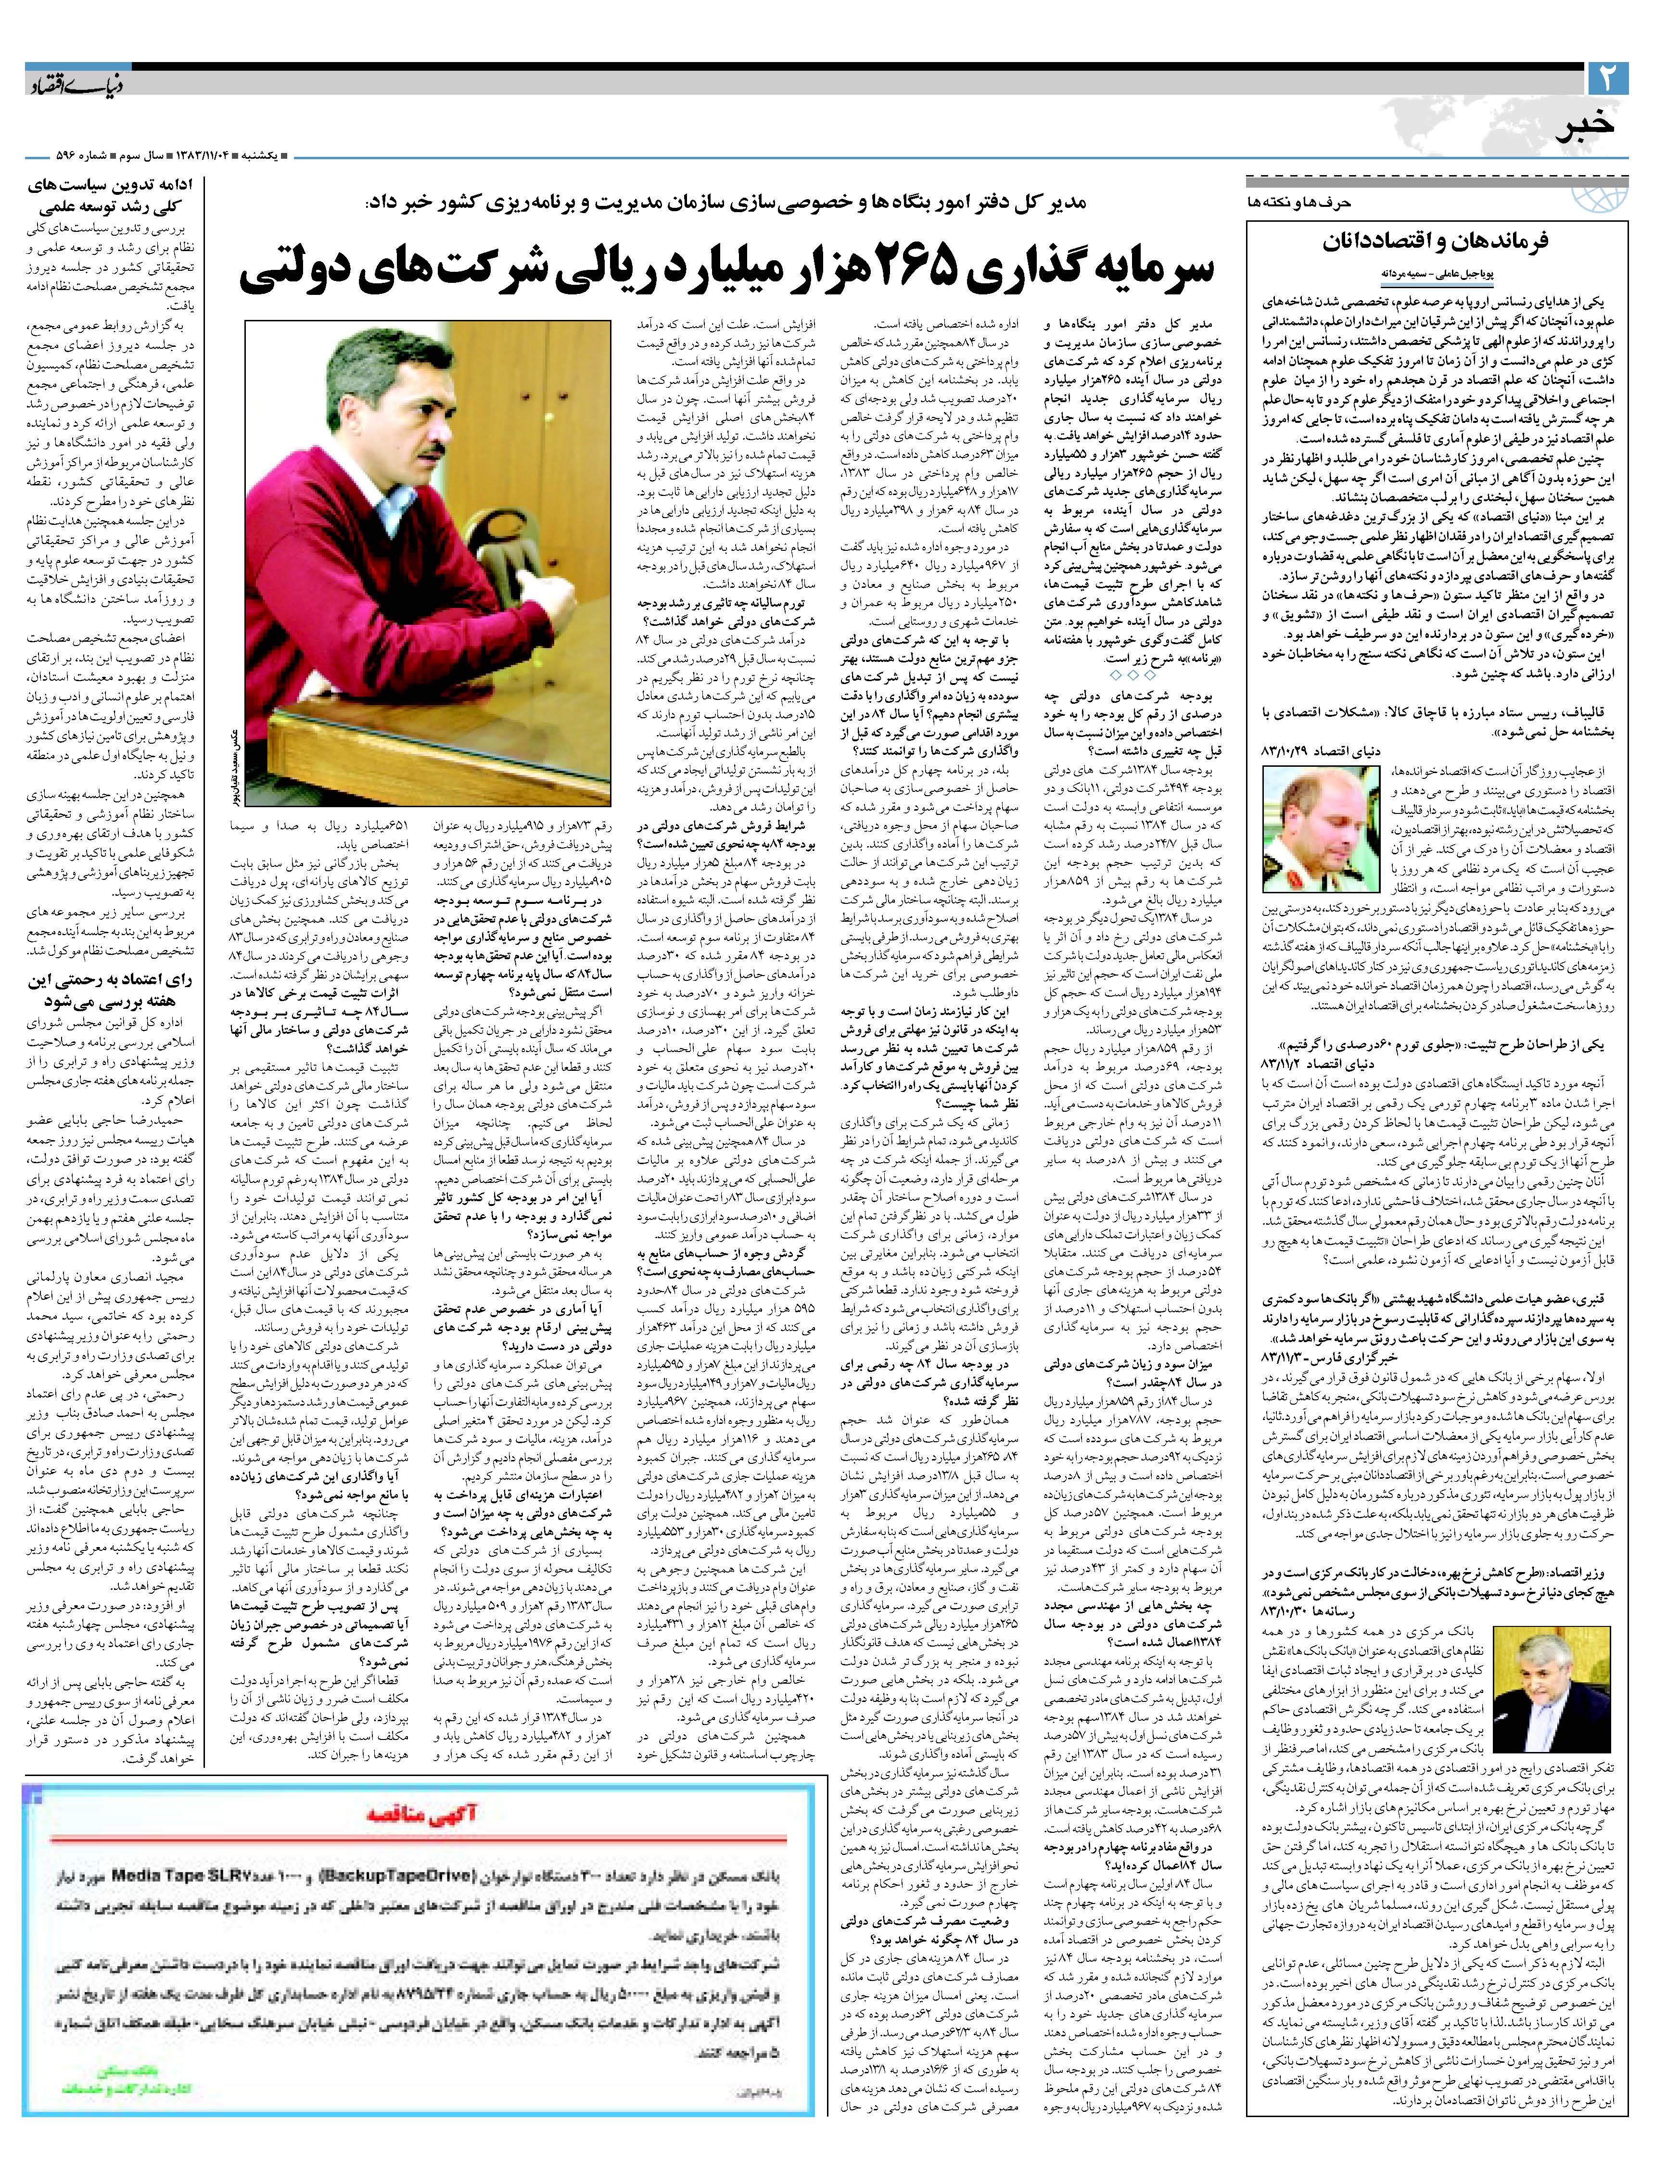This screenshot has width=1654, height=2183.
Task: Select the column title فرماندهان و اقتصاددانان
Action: click(x=1436, y=242)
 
